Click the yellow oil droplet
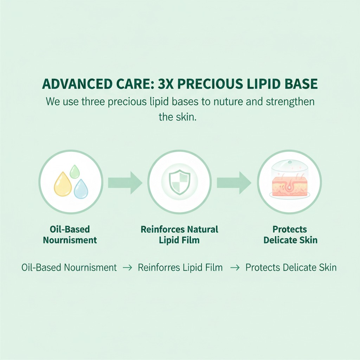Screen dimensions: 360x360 click(x=63, y=184)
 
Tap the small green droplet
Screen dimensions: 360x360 click(x=75, y=172)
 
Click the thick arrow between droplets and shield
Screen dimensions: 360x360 click(x=125, y=182)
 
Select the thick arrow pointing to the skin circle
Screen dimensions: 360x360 click(x=234, y=182)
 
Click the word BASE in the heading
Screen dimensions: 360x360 click(x=301, y=84)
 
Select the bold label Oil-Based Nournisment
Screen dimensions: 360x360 click(x=70, y=235)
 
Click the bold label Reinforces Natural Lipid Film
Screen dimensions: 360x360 click(x=179, y=235)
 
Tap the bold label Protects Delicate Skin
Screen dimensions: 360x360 click(x=290, y=235)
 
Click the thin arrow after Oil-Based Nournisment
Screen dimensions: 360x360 click(x=127, y=268)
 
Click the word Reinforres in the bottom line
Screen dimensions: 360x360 click(x=159, y=268)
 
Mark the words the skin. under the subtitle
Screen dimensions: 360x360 click(x=177, y=117)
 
